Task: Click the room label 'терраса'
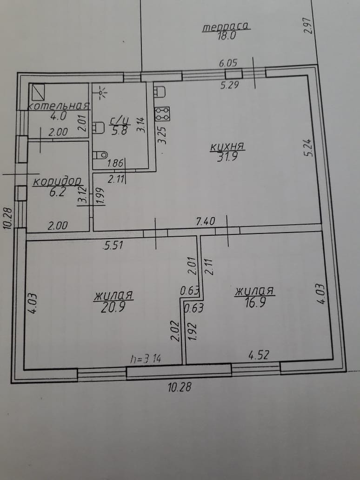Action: click(x=226, y=27)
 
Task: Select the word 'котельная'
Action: click(x=59, y=106)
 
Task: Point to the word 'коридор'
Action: click(x=57, y=182)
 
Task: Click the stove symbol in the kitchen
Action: click(x=162, y=113)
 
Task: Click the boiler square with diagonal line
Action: click(x=36, y=92)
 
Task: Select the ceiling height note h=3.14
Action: click(x=146, y=358)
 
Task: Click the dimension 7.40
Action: click(x=206, y=221)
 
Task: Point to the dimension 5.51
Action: click(x=113, y=245)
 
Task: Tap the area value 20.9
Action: click(x=113, y=307)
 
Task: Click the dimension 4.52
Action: click(x=259, y=355)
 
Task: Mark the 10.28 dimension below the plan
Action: click(x=180, y=387)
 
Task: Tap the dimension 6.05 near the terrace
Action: click(x=228, y=63)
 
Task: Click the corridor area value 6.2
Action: click(x=57, y=193)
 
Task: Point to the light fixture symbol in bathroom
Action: click(x=102, y=92)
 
